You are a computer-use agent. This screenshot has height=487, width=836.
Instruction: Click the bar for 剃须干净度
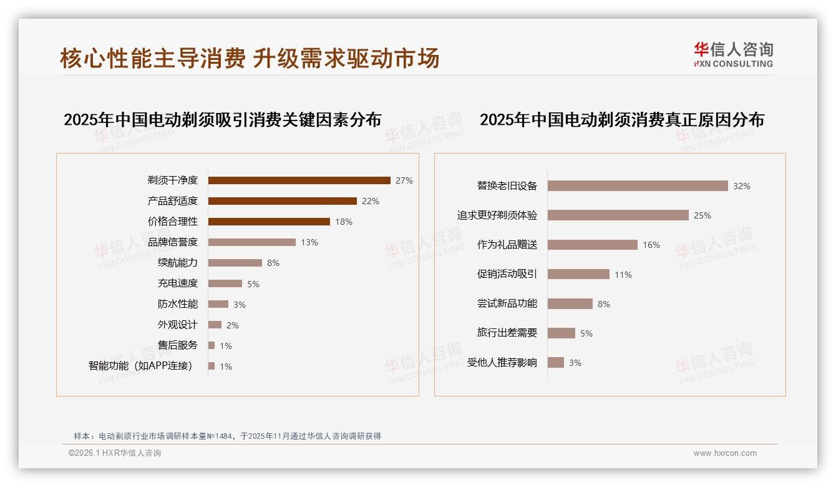click(299, 180)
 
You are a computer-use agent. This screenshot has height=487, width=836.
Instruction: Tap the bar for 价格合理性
click(269, 222)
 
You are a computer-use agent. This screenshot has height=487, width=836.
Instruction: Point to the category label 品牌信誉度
click(173, 242)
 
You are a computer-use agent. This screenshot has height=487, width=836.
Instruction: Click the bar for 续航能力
click(235, 263)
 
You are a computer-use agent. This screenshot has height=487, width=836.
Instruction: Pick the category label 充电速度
click(178, 283)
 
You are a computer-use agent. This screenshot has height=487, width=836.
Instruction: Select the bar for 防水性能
click(218, 304)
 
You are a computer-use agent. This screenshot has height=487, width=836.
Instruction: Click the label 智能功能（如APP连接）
click(140, 366)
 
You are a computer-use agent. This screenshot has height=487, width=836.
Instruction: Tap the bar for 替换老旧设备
click(638, 186)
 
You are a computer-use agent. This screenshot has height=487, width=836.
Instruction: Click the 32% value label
click(742, 186)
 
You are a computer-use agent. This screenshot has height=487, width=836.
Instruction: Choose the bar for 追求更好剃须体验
click(618, 215)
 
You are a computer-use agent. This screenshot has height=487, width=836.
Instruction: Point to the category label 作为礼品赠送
click(507, 245)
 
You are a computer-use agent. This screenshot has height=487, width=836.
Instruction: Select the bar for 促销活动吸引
click(578, 274)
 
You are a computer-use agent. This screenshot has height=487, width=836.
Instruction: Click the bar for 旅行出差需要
click(561, 333)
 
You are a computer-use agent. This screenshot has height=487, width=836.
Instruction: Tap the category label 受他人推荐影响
click(502, 363)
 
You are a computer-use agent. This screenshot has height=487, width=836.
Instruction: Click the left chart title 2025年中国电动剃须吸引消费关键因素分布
click(222, 120)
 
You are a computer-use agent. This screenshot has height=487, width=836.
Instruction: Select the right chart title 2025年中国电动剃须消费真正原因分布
click(621, 120)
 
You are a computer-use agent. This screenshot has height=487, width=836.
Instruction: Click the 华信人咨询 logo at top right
click(733, 54)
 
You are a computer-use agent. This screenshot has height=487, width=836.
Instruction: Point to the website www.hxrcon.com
click(725, 453)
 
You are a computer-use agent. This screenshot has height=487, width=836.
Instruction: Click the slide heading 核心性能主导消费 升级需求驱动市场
click(250, 58)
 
